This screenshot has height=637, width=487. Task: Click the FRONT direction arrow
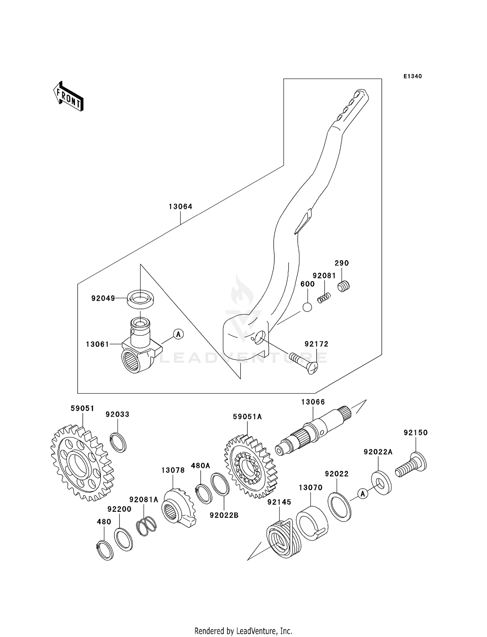click(x=69, y=97)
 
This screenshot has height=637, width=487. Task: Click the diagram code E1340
click(x=412, y=76)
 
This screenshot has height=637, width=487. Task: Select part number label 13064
click(x=181, y=206)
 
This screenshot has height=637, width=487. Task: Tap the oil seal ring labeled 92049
click(x=140, y=299)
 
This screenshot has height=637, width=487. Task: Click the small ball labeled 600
click(x=307, y=307)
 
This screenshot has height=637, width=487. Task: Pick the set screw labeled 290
click(x=343, y=286)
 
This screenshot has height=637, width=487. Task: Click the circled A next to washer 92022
click(x=363, y=494)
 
